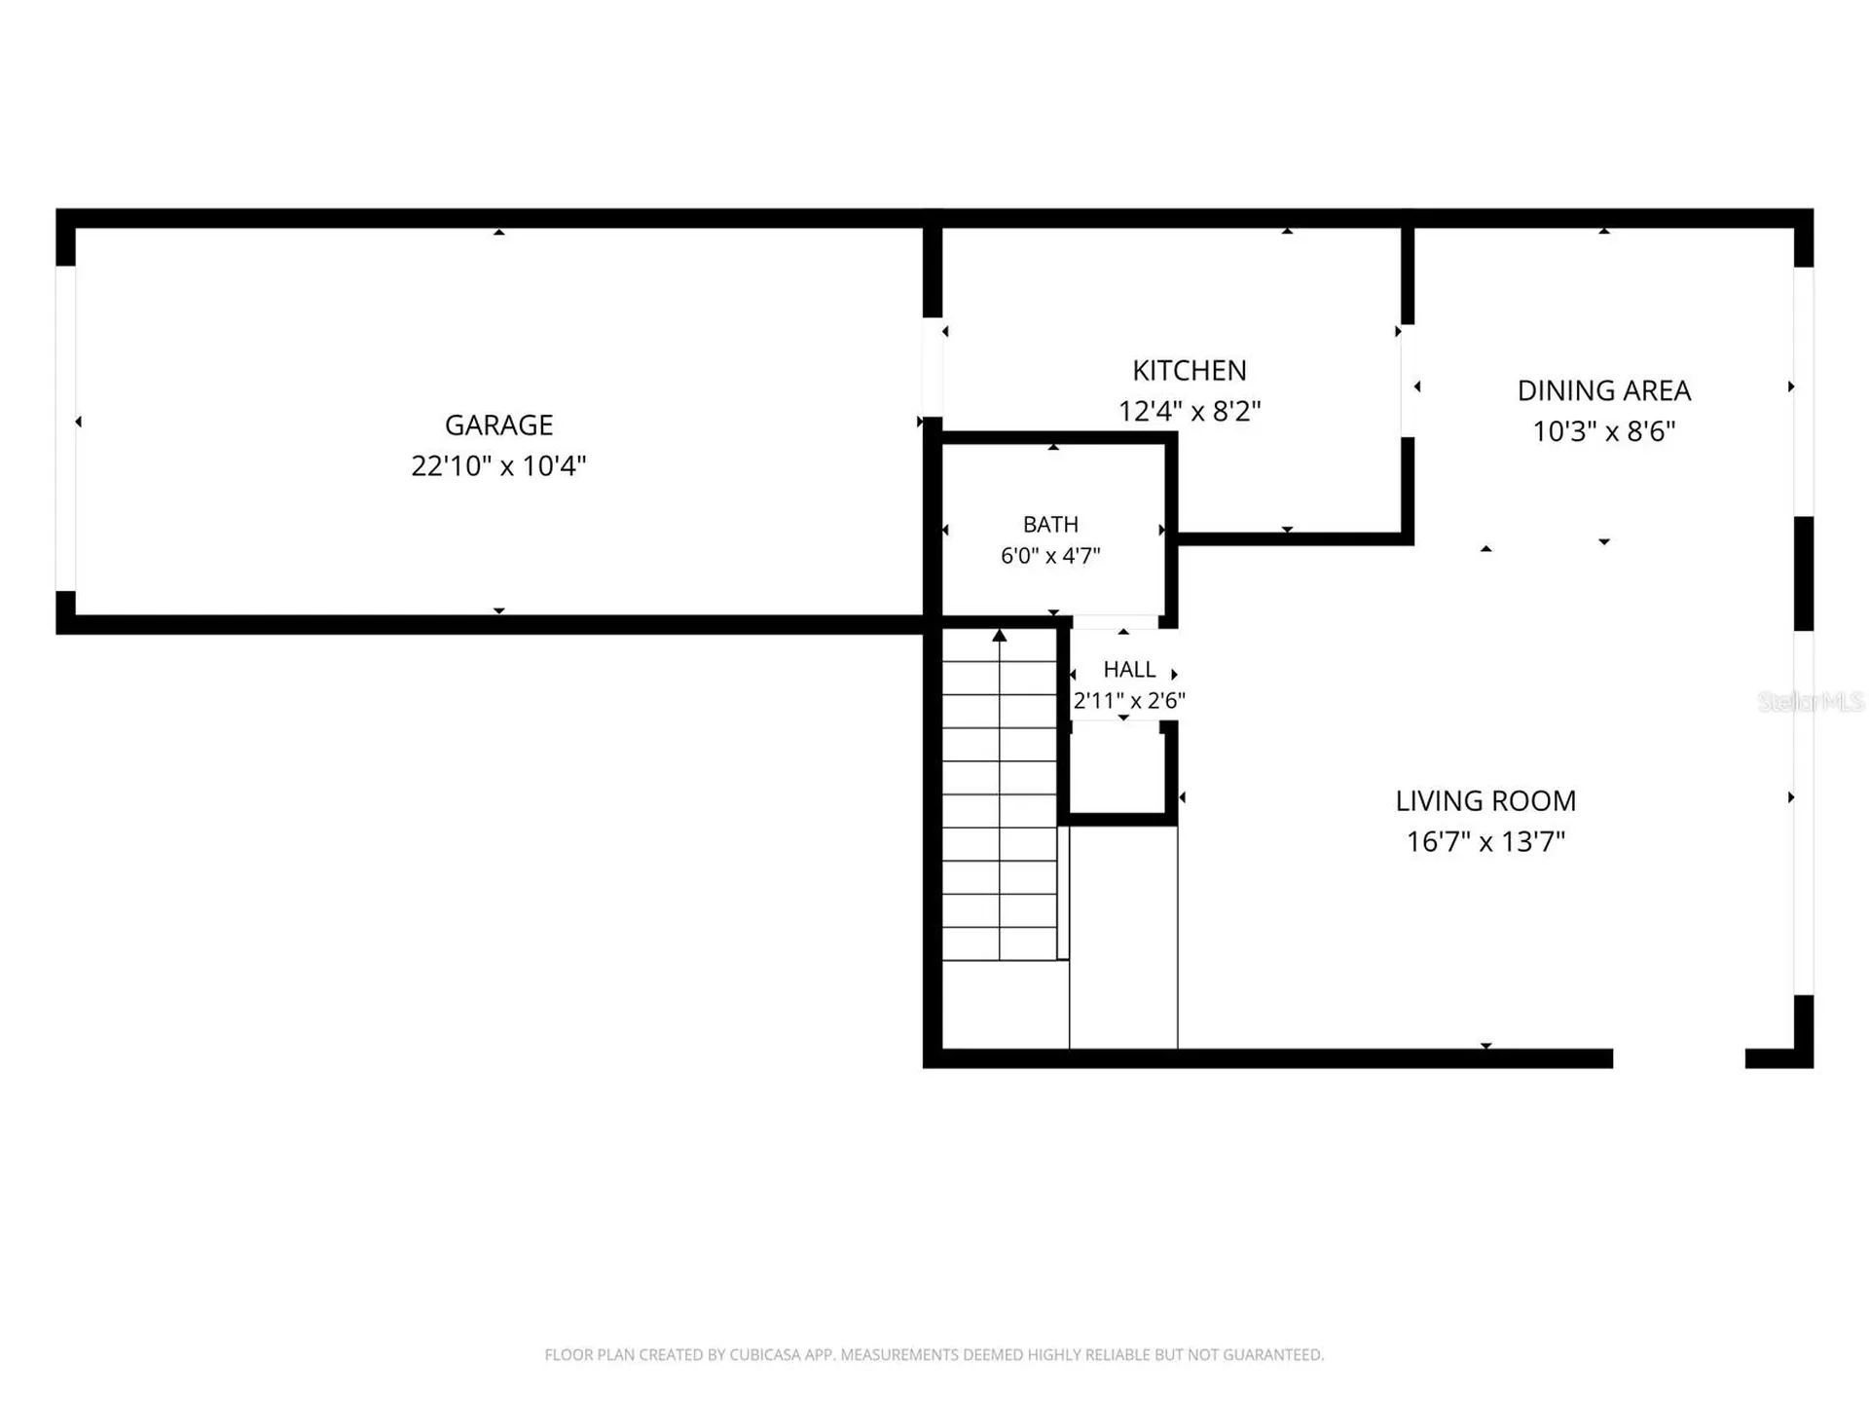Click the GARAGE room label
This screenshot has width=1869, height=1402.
tap(498, 424)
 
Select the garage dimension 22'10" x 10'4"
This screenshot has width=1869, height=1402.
tap(498, 465)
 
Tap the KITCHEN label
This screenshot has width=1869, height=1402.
tap(1189, 370)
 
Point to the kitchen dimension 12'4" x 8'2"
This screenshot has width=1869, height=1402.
tap(1189, 411)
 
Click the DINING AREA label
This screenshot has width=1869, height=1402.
tap(1603, 390)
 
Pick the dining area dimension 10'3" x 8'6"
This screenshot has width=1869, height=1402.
tap(1603, 431)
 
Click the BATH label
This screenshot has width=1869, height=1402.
tap(1050, 524)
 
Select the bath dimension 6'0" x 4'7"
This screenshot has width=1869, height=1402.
tap(1050, 555)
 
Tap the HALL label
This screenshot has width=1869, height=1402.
tap(1129, 669)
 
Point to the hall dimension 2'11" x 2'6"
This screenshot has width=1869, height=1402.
tap(1129, 700)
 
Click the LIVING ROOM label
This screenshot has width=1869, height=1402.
tap(1485, 800)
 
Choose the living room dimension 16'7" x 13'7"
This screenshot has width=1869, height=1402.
tap(1485, 841)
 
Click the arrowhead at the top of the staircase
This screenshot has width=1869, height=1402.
tap(1000, 635)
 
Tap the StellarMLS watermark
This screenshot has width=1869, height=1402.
tap(1812, 701)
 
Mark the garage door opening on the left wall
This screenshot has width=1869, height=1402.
tap(65, 428)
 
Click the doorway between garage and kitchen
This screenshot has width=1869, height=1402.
tap(933, 367)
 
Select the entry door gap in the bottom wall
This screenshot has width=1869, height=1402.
tap(1679, 1058)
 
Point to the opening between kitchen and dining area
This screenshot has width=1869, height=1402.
tap(1408, 381)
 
